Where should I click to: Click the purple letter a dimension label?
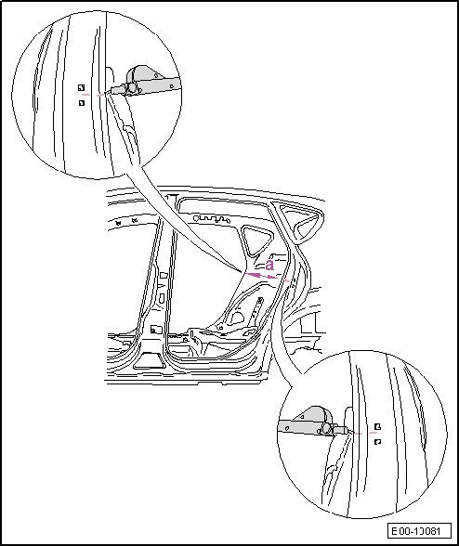(269, 265)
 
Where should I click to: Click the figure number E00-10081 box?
(419, 531)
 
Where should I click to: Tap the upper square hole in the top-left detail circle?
(81, 87)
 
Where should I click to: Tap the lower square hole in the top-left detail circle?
(82, 103)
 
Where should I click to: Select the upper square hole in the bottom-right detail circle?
(377, 426)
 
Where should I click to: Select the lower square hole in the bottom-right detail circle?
(377, 442)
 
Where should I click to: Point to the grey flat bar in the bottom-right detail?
(300, 426)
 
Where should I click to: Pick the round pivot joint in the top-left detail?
(132, 87)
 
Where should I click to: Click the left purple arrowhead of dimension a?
(254, 275)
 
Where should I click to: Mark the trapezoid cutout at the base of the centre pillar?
(147, 360)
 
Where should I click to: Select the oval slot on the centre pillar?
(162, 297)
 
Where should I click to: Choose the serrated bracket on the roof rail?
(212, 219)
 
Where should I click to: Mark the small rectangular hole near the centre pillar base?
(155, 329)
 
